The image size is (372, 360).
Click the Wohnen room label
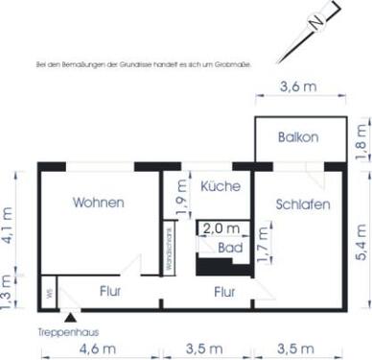pos(99,203)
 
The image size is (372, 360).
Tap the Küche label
pos(221,185)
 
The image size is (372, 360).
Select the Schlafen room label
pos(303,204)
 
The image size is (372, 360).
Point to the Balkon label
pos(298,138)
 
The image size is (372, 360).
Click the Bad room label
pos(229,247)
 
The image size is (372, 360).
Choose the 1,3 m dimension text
pos(9,288)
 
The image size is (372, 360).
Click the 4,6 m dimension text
pos(97,347)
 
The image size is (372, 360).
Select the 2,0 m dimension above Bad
pos(222,229)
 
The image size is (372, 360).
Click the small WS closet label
pos(48,293)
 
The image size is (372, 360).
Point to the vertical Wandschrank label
pos(168,251)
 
